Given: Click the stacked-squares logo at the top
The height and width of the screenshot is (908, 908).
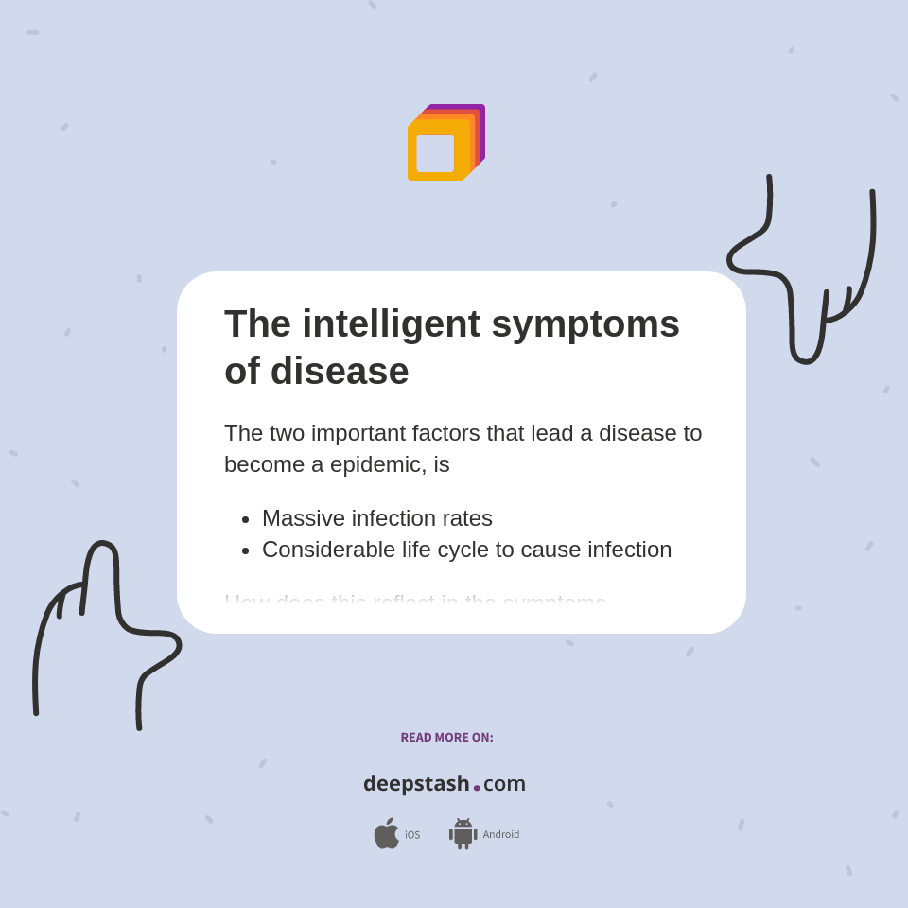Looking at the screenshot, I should coord(445,143).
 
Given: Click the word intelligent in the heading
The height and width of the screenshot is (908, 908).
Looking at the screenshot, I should coord(391,323).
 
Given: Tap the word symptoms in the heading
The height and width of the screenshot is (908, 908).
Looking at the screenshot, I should coord(585,323).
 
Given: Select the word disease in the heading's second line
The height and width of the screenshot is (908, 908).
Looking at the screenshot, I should coord(340,371).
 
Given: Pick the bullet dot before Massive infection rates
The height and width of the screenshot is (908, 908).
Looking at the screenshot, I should coord(246,519).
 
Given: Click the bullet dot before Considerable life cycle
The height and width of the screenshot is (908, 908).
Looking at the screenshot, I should coord(246,550).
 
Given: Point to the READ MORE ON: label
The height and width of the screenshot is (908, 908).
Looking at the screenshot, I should coord(446,738).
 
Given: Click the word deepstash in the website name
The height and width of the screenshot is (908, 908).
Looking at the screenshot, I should coord(416,783).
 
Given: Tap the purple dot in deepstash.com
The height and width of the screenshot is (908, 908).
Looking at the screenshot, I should coord(477,788).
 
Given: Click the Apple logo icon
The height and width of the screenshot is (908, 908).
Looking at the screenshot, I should coord(386,834).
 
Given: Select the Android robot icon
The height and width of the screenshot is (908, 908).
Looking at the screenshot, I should coord(463,834).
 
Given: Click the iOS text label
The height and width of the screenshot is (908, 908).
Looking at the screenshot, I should coord(412,835).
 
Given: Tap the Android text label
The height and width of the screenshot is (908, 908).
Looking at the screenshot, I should coord(500,835).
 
